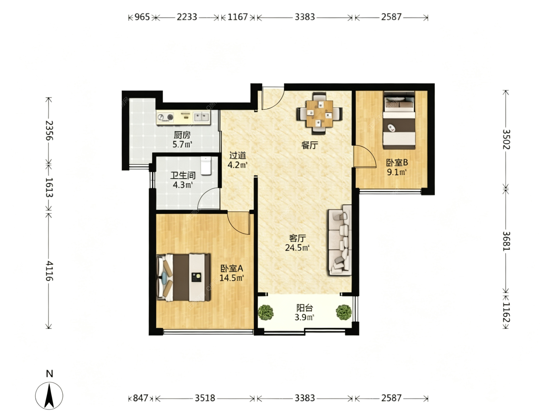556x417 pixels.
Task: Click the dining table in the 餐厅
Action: pos(319,114)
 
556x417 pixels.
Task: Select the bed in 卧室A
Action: pos(184,277)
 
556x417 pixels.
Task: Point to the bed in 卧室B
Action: pos(399,120)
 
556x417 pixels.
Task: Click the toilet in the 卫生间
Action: pos(206,166)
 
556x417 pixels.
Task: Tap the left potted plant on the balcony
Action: pos(266,312)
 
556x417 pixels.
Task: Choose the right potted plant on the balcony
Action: pos(344,312)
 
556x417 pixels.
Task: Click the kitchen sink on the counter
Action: pos(201,117)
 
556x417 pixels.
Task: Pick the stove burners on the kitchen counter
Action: pos(165,117)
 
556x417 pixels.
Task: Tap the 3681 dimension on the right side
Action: pos(506,241)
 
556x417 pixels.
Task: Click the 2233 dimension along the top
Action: pos(187,17)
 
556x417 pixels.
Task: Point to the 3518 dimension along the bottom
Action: pos(205,398)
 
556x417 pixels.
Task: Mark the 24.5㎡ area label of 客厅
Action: pos(297,248)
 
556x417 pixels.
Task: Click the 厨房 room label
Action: pos(182,135)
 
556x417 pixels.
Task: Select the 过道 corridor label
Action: pos(238,156)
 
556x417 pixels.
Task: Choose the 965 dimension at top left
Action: pos(142,17)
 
